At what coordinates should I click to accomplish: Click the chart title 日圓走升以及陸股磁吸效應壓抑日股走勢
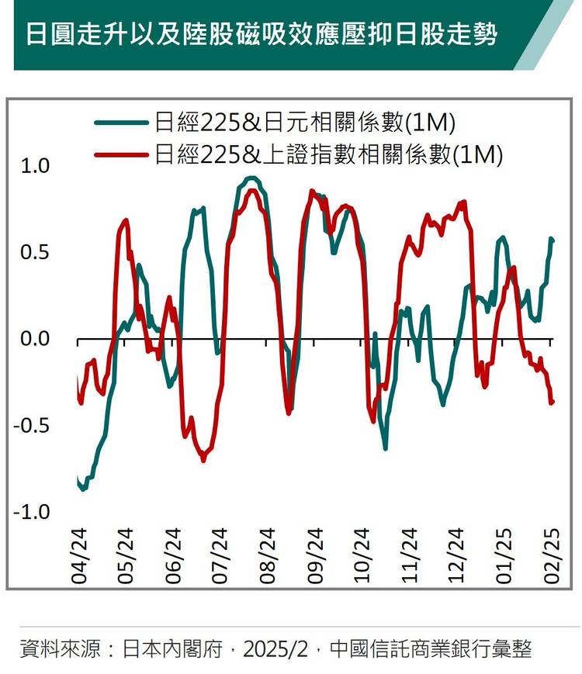pyautogui.click(x=261, y=35)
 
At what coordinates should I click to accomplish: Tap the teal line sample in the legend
pyautogui.click(x=121, y=123)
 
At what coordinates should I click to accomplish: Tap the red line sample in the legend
pyautogui.click(x=121, y=155)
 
